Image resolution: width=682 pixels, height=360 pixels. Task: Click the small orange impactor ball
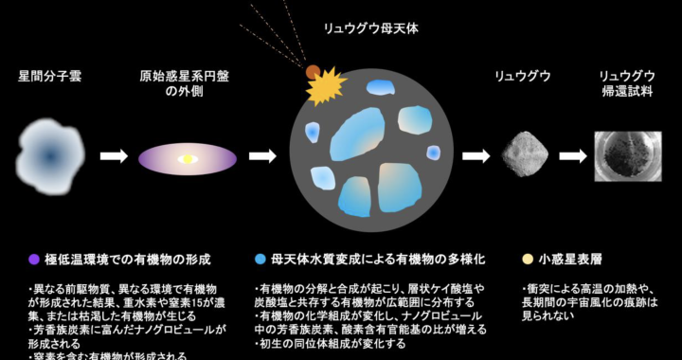(312, 71)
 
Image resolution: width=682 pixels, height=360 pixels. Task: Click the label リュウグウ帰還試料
(628, 82)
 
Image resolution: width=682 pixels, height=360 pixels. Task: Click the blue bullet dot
(260, 258)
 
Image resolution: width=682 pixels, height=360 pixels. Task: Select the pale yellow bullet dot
(528, 258)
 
